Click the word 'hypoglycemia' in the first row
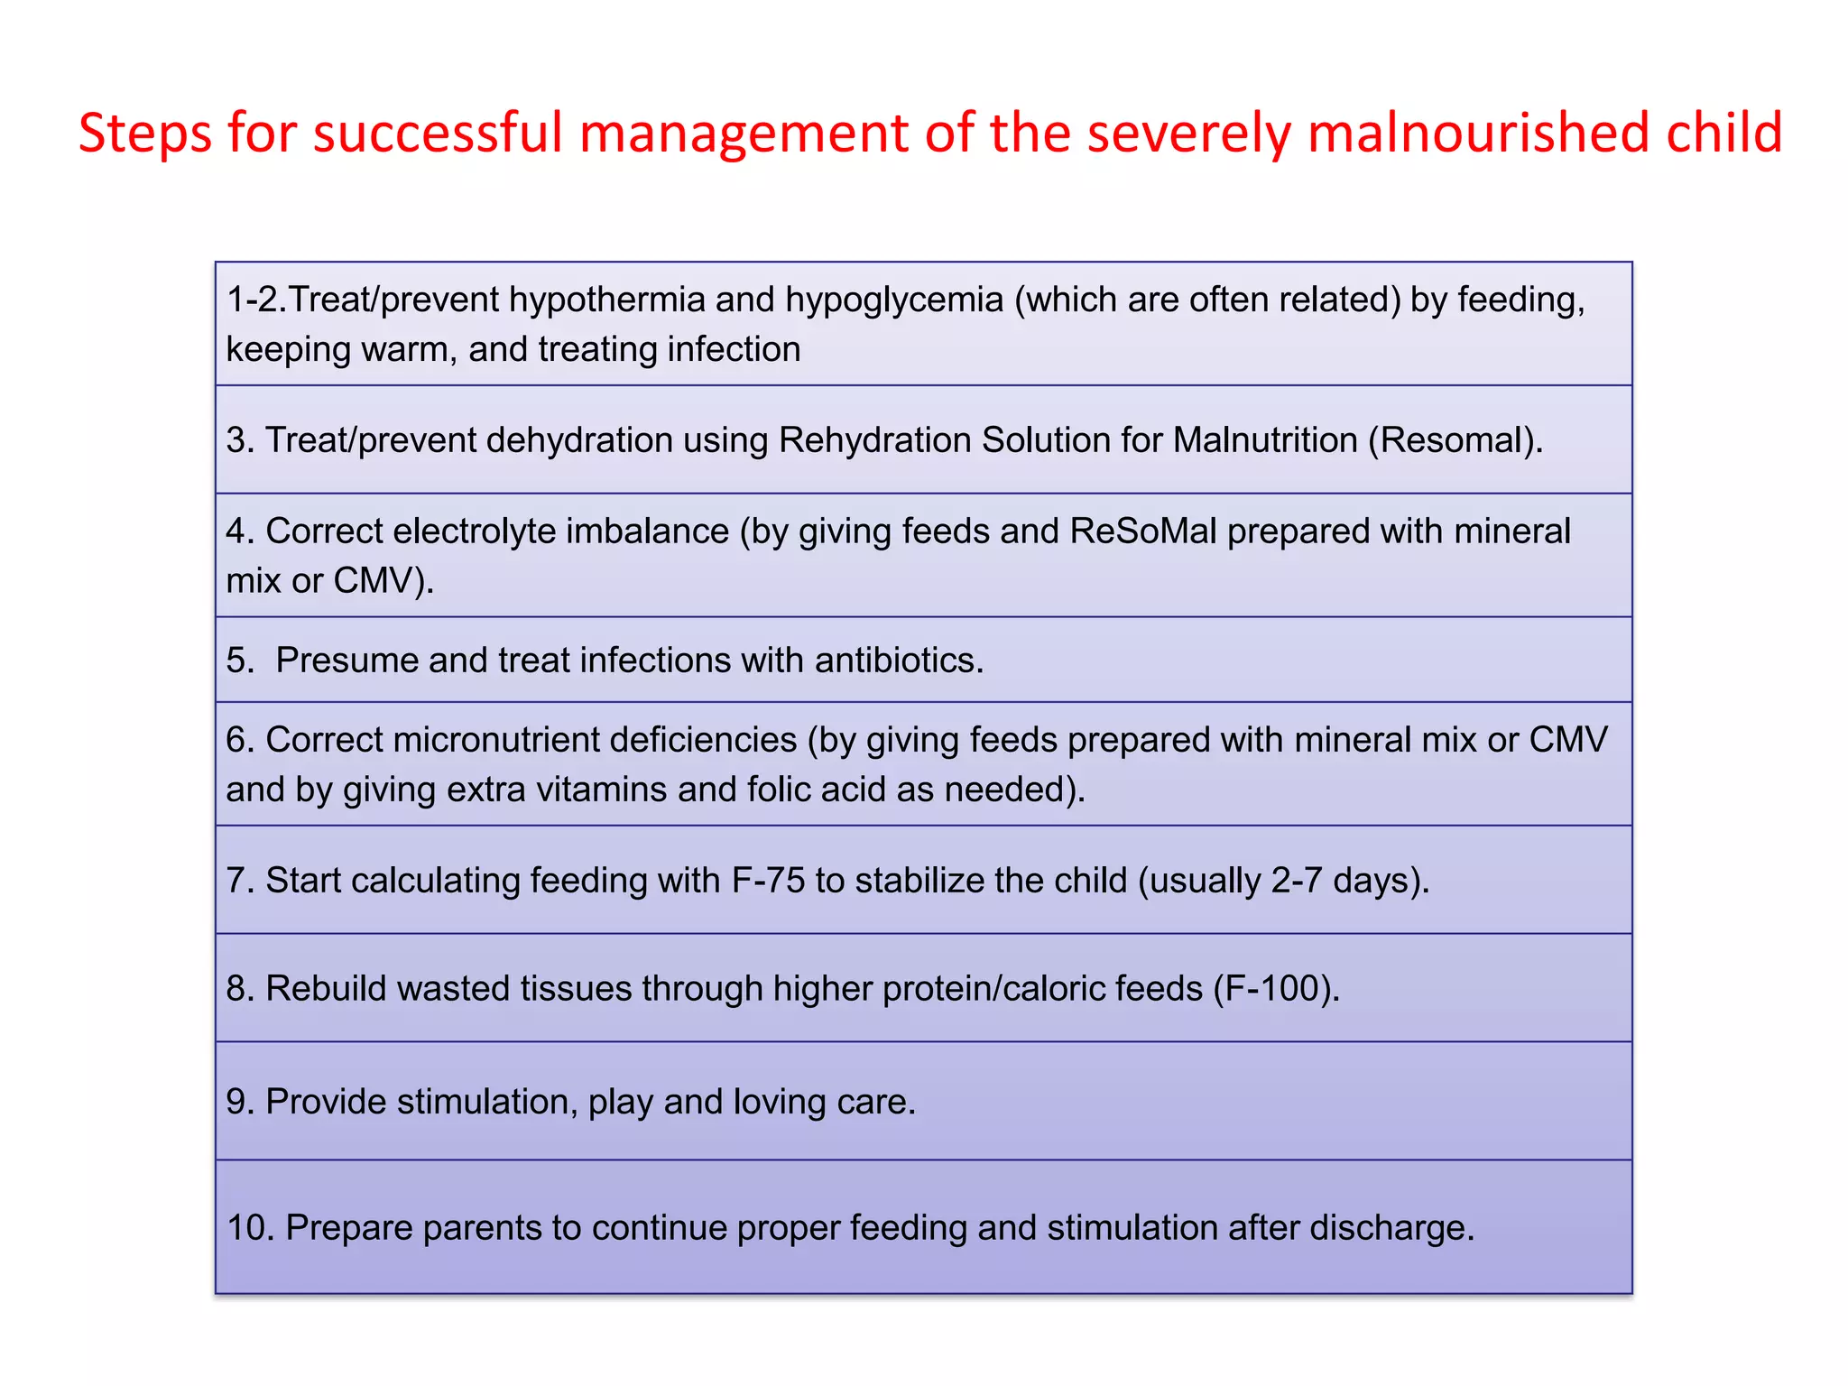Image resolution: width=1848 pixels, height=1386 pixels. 893,300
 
